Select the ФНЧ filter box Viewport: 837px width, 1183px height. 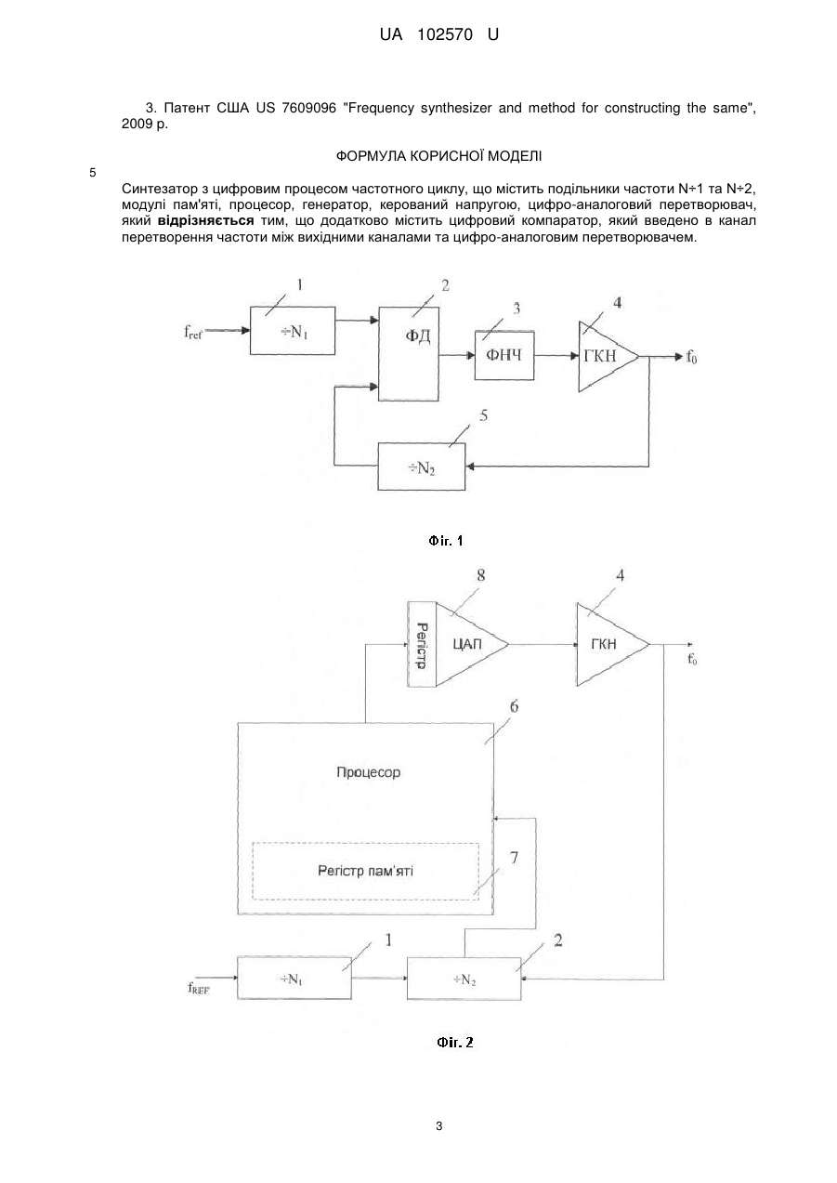[504, 355]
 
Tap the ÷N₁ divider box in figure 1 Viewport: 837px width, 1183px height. [293, 331]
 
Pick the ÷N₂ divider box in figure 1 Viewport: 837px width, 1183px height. [422, 467]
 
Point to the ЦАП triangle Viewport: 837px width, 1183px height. [467, 644]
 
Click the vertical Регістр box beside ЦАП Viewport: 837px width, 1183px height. [422, 644]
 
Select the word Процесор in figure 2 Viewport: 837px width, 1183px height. [369, 772]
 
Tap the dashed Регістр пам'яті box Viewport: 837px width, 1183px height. [365, 871]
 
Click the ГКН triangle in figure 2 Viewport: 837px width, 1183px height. [608, 644]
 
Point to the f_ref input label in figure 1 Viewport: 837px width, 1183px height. [193, 332]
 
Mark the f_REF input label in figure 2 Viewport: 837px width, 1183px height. [199, 988]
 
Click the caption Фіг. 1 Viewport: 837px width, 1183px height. [446, 541]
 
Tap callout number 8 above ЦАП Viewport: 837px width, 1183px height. [480, 575]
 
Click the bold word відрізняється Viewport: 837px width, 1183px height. [205, 220]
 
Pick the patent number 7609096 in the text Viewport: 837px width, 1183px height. [309, 109]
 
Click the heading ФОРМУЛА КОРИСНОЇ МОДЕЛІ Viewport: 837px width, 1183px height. [438, 156]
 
